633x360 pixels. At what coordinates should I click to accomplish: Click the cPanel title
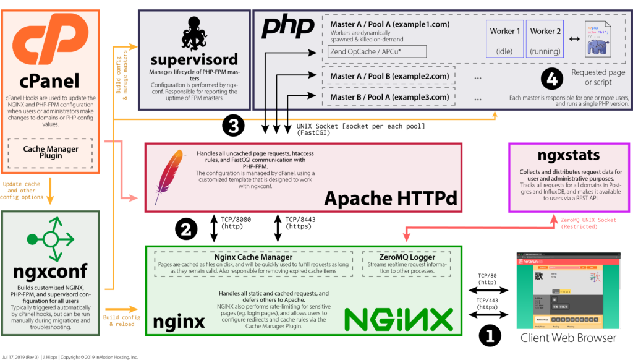tap(50, 81)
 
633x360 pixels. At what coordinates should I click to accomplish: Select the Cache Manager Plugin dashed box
tap(51, 152)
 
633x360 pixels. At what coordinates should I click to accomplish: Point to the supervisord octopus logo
tap(193, 35)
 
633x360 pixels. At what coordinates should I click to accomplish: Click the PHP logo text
tap(288, 27)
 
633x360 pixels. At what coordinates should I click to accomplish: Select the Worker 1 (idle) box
tap(504, 40)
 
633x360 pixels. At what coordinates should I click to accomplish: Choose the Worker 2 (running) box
tap(545, 40)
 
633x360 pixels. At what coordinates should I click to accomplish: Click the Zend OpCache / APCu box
tap(377, 51)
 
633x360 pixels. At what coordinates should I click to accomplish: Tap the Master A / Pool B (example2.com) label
tap(389, 76)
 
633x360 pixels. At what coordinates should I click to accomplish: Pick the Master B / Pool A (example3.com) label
tap(389, 96)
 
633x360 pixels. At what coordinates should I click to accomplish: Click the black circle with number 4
tap(551, 79)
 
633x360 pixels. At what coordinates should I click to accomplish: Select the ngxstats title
tap(568, 155)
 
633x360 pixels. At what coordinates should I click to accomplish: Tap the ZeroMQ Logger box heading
tap(406, 257)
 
